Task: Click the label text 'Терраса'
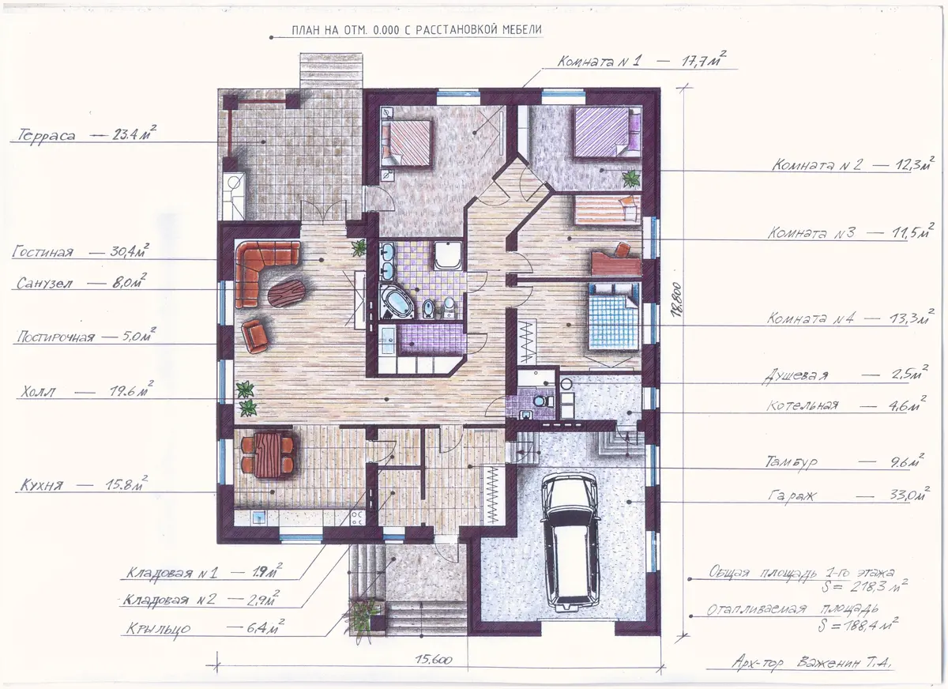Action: [x=46, y=135]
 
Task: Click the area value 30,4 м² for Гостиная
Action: [x=130, y=251]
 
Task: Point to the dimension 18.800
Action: [x=677, y=299]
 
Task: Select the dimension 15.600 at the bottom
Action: [x=434, y=660]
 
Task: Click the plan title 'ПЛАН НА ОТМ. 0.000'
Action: [x=345, y=30]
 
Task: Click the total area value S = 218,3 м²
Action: [x=864, y=586]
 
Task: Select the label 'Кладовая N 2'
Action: [x=170, y=599]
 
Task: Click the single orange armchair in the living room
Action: [x=254, y=336]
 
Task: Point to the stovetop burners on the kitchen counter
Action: [x=357, y=518]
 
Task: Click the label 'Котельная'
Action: [x=803, y=405]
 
